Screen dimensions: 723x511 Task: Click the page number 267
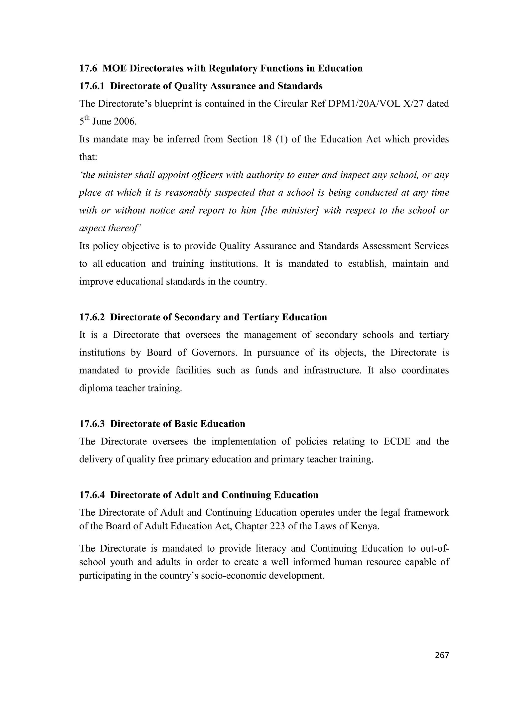pyautogui.click(x=442, y=655)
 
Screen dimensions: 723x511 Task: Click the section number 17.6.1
pyautogui.click(x=92, y=86)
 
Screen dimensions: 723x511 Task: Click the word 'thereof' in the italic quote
pyautogui.click(x=124, y=228)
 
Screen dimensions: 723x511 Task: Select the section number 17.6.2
pyautogui.click(x=92, y=317)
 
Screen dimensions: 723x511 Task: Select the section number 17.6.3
pyautogui.click(x=92, y=424)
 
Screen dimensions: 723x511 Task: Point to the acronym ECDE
pyautogui.click(x=397, y=442)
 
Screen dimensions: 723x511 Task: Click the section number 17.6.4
pyautogui.click(x=92, y=495)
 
